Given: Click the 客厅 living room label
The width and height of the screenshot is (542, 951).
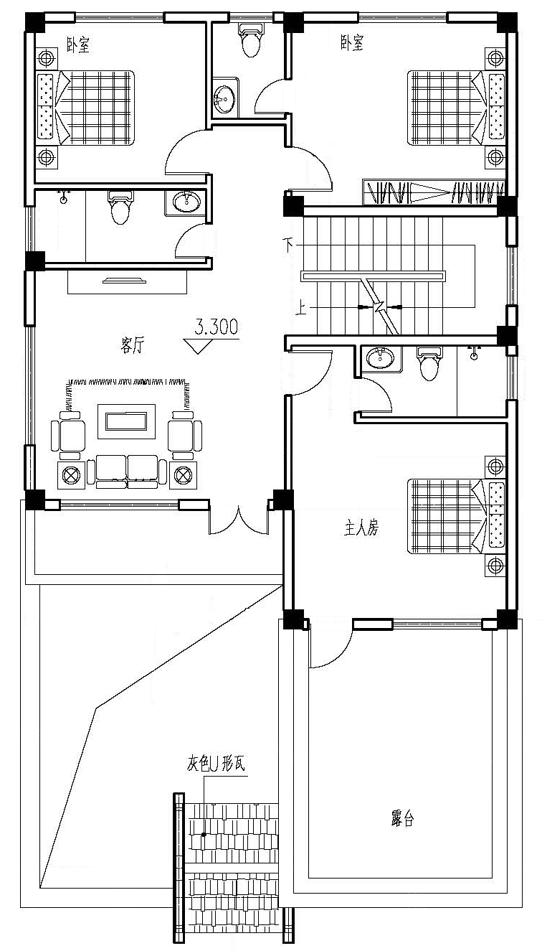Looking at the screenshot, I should (x=133, y=347).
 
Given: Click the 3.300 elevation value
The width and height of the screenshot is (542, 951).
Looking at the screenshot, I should (x=217, y=328).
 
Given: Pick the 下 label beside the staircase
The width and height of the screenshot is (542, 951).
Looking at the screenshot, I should (x=289, y=245).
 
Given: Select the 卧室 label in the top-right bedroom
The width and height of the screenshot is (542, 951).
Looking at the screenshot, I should (x=351, y=44).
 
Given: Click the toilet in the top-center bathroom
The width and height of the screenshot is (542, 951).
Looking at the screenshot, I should (x=250, y=39).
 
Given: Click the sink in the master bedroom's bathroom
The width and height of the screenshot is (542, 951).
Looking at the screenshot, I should (x=377, y=357).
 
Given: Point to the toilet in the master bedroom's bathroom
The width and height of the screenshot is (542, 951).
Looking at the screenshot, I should (x=429, y=365).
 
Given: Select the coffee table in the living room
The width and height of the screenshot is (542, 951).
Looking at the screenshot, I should (x=127, y=421).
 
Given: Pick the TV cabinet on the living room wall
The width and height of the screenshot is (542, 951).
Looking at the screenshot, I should (x=128, y=281).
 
